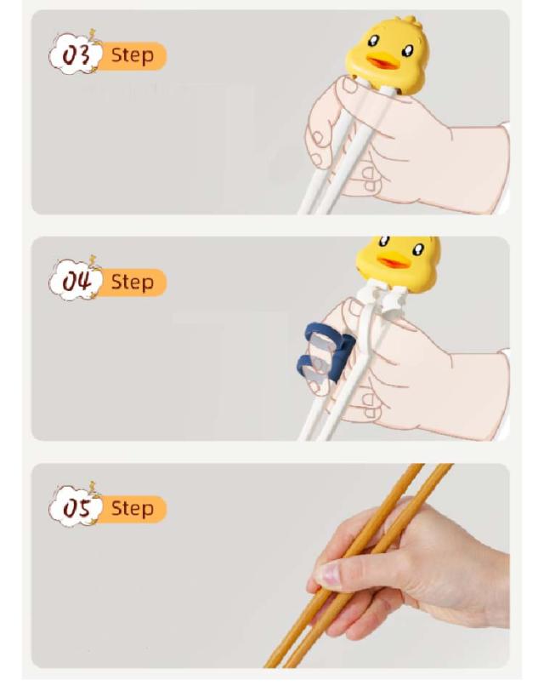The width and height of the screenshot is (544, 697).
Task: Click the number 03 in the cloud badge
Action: tap(76, 55)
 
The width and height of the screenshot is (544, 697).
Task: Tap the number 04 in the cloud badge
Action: tap(76, 282)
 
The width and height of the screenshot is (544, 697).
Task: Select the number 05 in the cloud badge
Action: tap(76, 508)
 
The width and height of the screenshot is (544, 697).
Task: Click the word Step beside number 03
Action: tap(133, 56)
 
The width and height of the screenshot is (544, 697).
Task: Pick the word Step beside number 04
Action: tap(133, 283)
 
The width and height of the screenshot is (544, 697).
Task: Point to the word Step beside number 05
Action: tap(133, 509)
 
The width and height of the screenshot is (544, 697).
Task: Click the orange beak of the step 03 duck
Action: tap(382, 62)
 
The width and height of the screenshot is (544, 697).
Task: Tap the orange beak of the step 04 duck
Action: tap(394, 261)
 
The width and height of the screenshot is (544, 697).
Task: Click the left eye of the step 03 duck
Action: tap(373, 41)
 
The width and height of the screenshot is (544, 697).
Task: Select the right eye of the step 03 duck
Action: tap(407, 51)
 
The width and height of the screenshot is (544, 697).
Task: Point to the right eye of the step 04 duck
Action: tap(418, 250)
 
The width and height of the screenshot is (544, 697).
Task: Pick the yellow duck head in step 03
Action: tap(388, 54)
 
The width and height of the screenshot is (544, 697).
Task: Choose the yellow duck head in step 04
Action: tap(399, 263)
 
